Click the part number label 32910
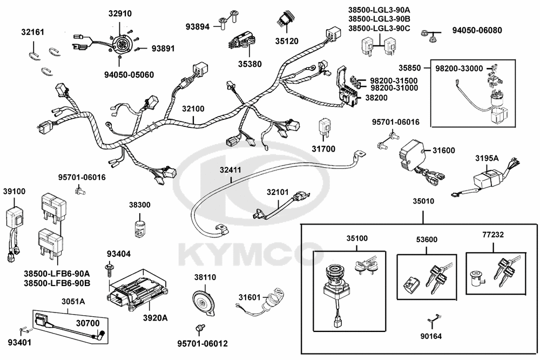[x=119, y=13]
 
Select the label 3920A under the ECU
[x=155, y=317]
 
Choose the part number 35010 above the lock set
[x=423, y=201]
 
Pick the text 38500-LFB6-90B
[x=57, y=282]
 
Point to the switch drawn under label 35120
[x=286, y=21]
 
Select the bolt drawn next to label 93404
[x=110, y=267]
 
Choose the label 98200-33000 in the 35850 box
[x=460, y=69]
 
